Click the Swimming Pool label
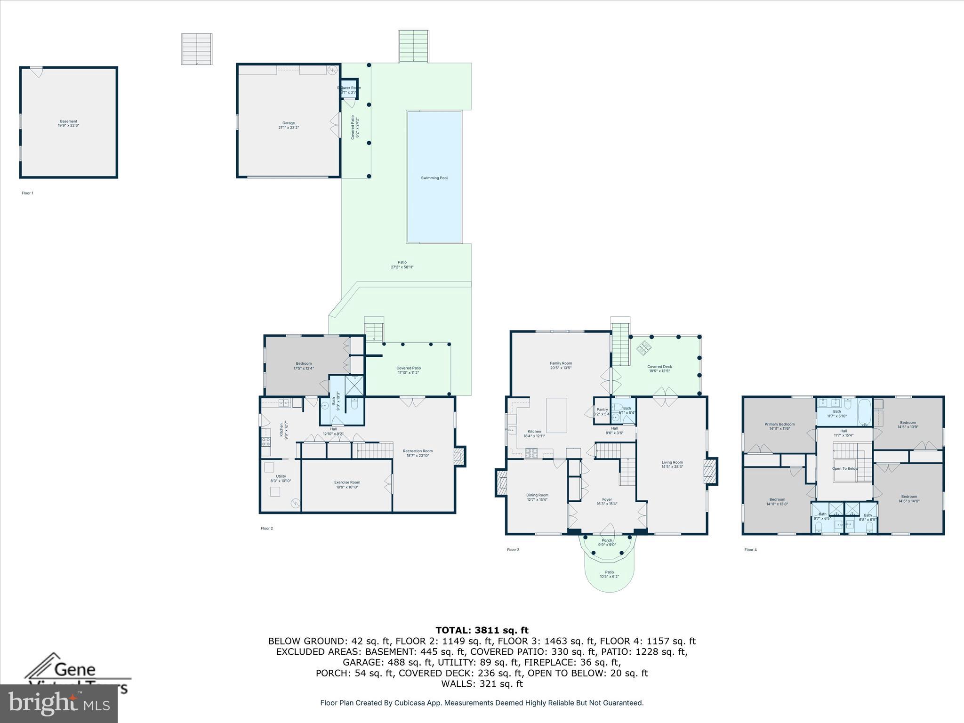pos(434,178)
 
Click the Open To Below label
pos(845,468)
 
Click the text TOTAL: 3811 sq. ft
pos(482,630)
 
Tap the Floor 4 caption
pos(750,550)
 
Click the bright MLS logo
pos(59,704)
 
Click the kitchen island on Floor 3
pos(556,415)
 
